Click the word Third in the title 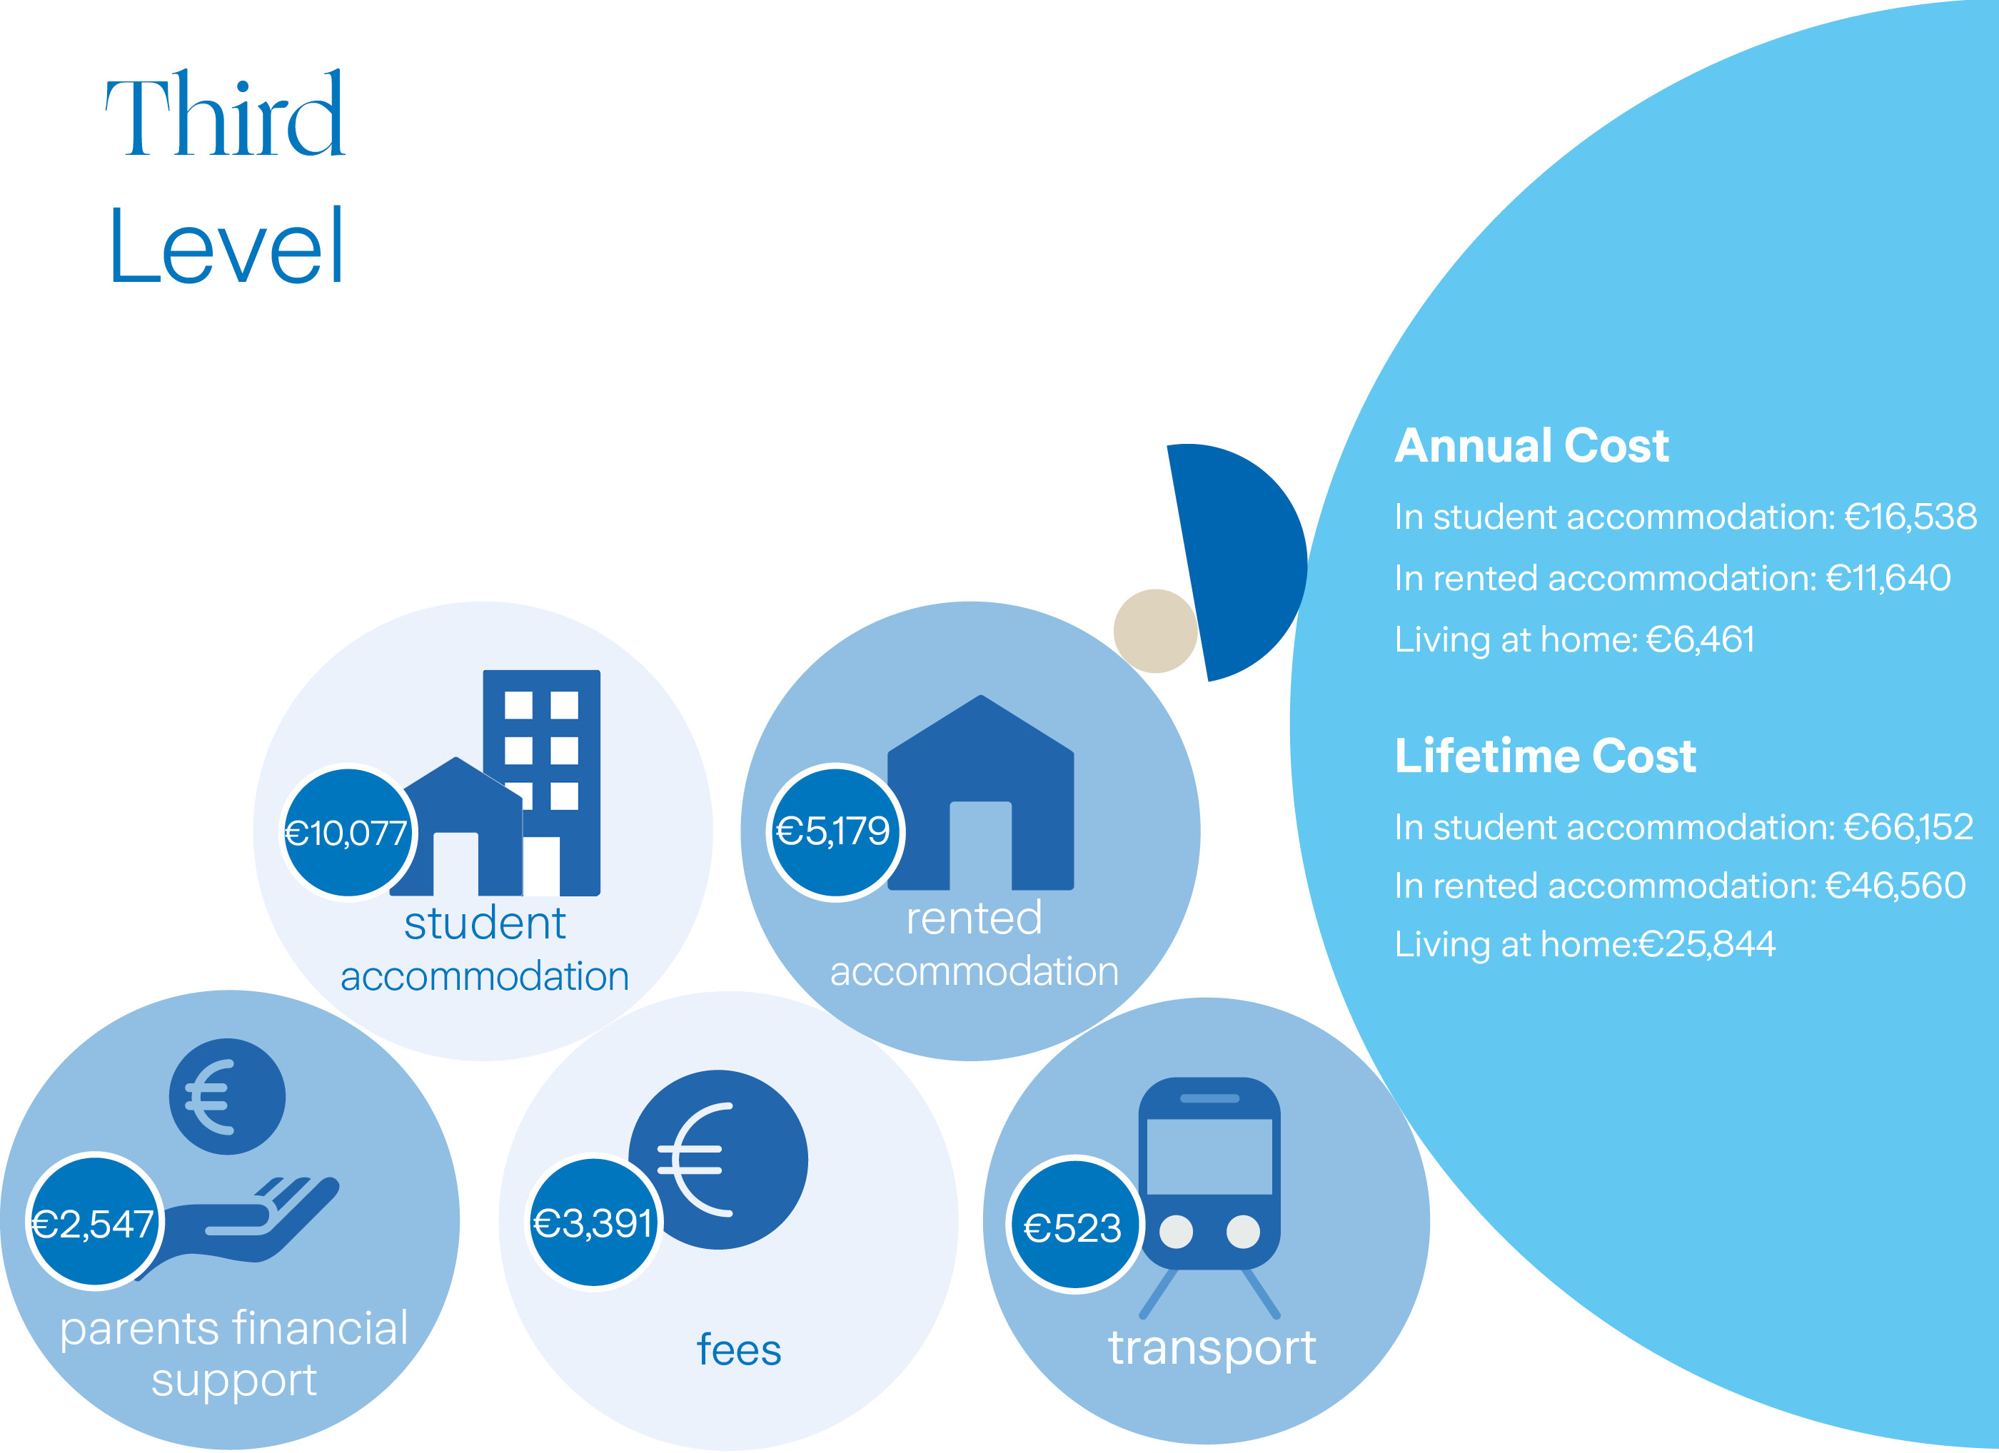(225, 115)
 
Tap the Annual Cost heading (1531, 446)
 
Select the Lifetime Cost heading (1545, 756)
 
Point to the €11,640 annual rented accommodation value (1888, 578)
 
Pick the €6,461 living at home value (1700, 639)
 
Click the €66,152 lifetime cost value (1908, 827)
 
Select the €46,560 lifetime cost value (1895, 886)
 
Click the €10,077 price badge (348, 833)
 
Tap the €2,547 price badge (94, 1223)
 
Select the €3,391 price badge (593, 1223)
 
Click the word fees (739, 1350)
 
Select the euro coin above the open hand (228, 1097)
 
